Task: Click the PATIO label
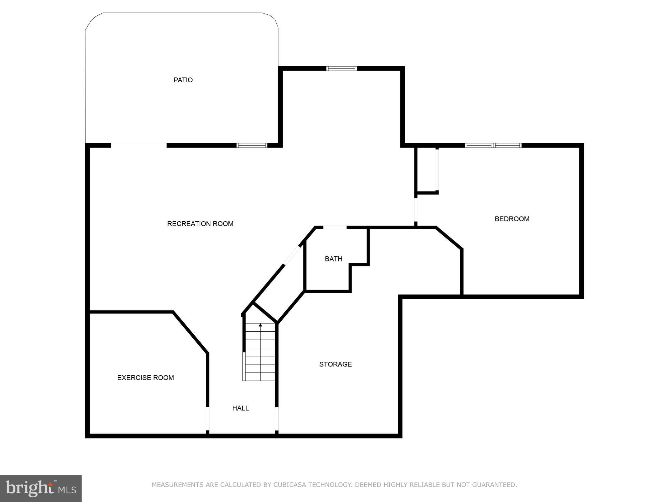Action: coord(183,80)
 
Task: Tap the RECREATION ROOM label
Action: coord(200,224)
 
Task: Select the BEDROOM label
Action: coord(512,219)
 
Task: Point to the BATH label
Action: coord(333,259)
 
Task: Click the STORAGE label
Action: coord(335,364)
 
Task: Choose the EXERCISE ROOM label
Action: coord(146,378)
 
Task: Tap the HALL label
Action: coord(241,408)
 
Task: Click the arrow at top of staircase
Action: coord(261,325)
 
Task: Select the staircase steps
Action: coord(261,355)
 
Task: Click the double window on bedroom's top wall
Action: coord(493,145)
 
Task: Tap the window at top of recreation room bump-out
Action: coord(342,69)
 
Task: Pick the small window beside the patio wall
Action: coord(252,145)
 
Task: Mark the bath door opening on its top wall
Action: coord(334,228)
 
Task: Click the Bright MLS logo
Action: coord(40,488)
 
